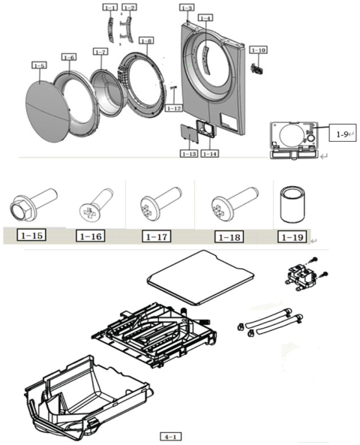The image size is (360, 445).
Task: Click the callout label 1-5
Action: [39, 65]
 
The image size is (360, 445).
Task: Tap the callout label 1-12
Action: [173, 108]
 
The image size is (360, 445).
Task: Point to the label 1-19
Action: [292, 237]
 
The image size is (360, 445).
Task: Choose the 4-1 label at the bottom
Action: [171, 436]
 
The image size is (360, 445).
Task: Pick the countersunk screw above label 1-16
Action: [96, 204]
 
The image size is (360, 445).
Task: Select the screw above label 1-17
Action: [160, 203]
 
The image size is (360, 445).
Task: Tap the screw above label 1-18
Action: [234, 203]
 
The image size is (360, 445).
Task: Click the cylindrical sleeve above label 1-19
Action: [292, 205]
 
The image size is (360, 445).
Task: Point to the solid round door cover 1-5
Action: [48, 112]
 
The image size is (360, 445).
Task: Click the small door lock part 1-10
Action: [257, 68]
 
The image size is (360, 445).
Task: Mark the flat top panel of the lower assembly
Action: [200, 277]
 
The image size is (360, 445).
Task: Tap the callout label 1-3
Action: [187, 8]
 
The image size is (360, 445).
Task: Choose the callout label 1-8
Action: [146, 41]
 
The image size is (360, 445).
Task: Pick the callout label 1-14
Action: [210, 154]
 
